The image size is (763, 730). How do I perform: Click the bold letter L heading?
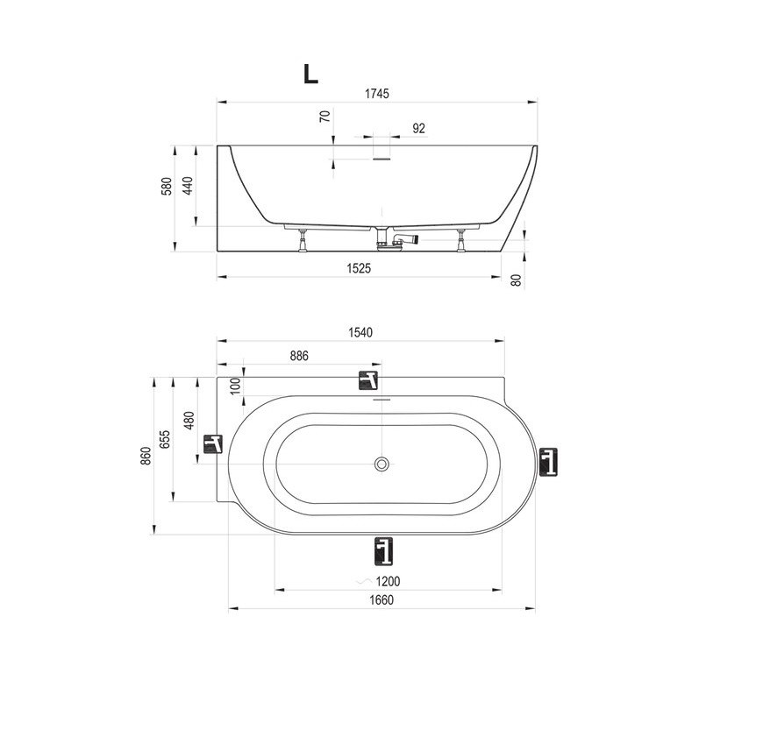click(x=310, y=74)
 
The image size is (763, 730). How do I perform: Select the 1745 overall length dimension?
click(x=377, y=94)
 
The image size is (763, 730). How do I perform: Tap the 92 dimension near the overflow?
click(x=418, y=129)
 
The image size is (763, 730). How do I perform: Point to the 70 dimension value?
click(x=325, y=117)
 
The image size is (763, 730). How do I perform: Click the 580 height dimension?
click(x=167, y=187)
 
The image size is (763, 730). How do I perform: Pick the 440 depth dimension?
click(x=188, y=185)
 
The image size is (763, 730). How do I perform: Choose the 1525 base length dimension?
click(x=359, y=268)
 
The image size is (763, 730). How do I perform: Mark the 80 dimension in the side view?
click(x=517, y=280)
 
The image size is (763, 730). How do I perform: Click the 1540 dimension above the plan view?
click(x=360, y=332)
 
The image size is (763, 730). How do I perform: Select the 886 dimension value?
click(x=299, y=356)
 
